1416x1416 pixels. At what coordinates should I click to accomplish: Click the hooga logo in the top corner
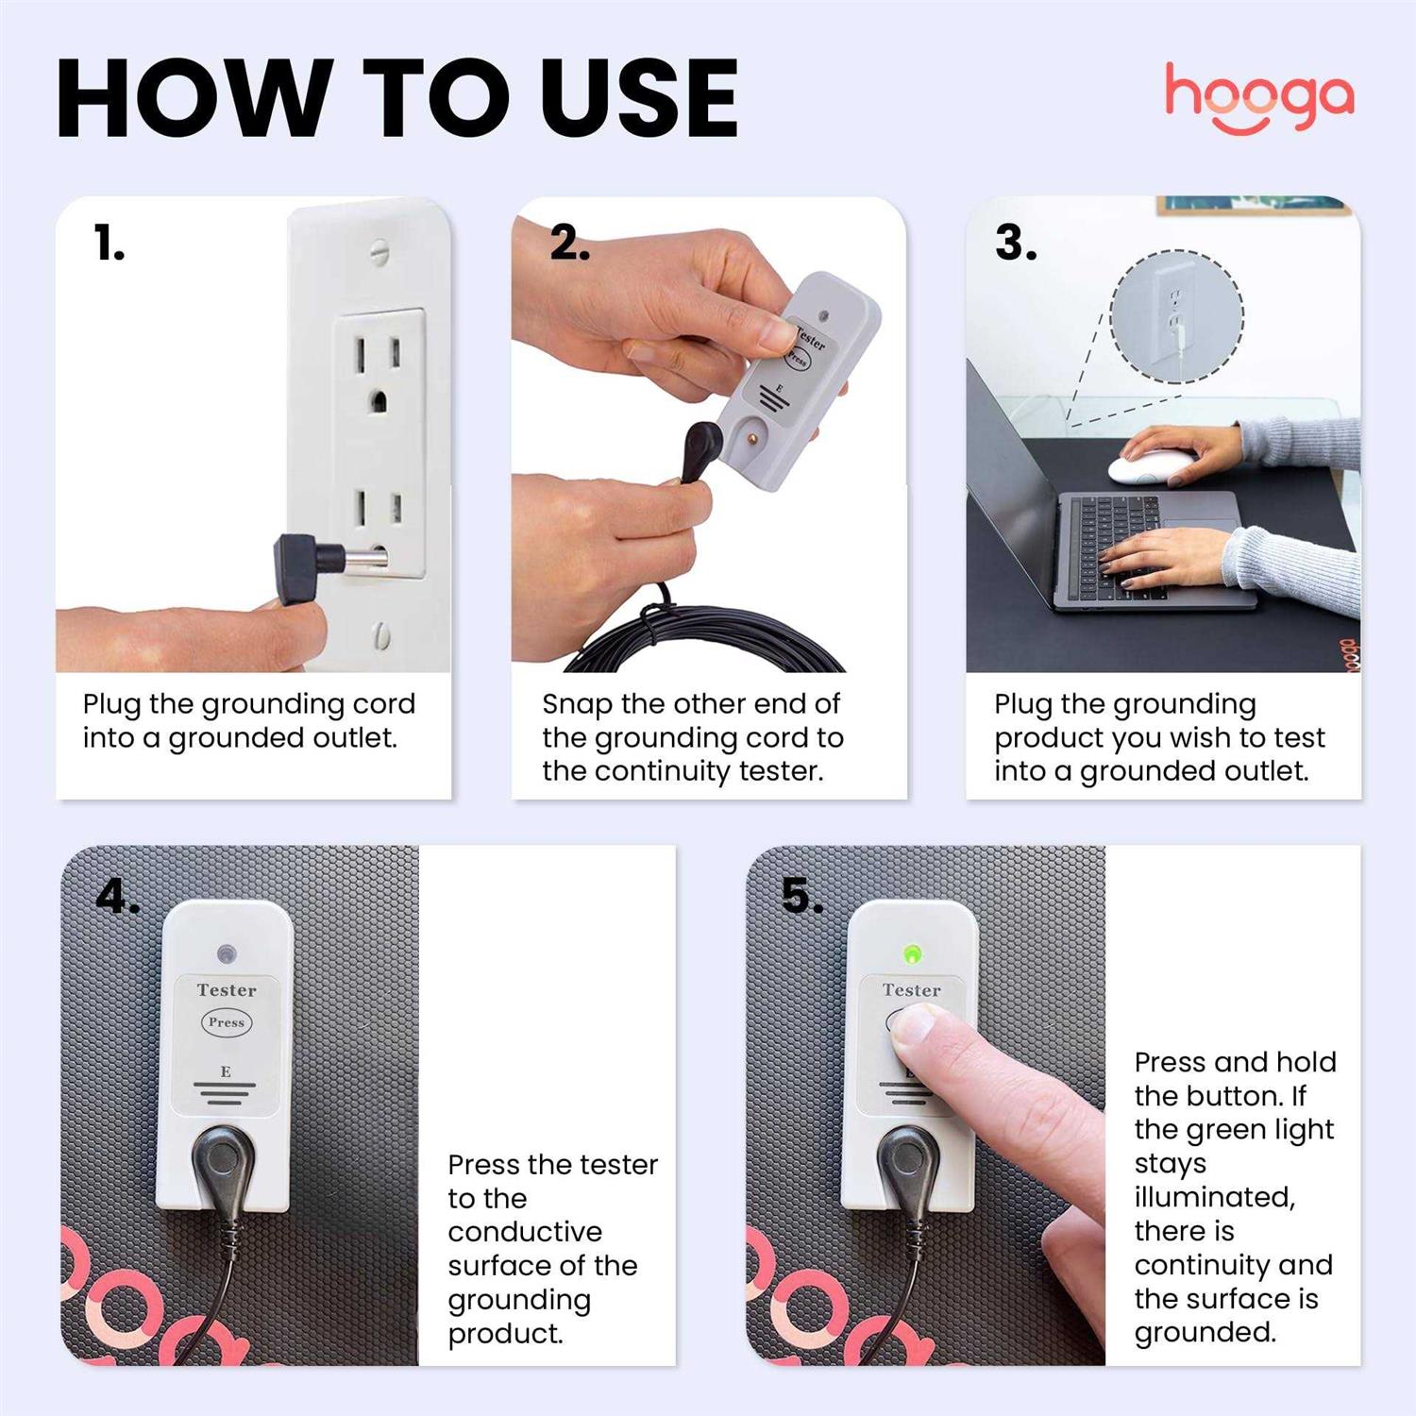point(1258,97)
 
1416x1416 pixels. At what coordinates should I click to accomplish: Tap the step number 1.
point(109,244)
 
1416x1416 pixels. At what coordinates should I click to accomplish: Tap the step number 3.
point(1016,244)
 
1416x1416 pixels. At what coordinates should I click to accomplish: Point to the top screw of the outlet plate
point(379,252)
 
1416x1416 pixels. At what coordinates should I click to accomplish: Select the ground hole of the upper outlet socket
point(378,400)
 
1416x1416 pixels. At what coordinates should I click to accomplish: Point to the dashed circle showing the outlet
point(1176,316)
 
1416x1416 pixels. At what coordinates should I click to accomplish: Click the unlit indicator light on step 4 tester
point(226,953)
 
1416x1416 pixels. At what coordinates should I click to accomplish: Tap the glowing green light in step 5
point(911,953)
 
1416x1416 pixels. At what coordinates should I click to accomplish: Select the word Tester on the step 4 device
point(227,990)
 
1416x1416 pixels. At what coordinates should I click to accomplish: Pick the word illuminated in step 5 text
point(1214,1197)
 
